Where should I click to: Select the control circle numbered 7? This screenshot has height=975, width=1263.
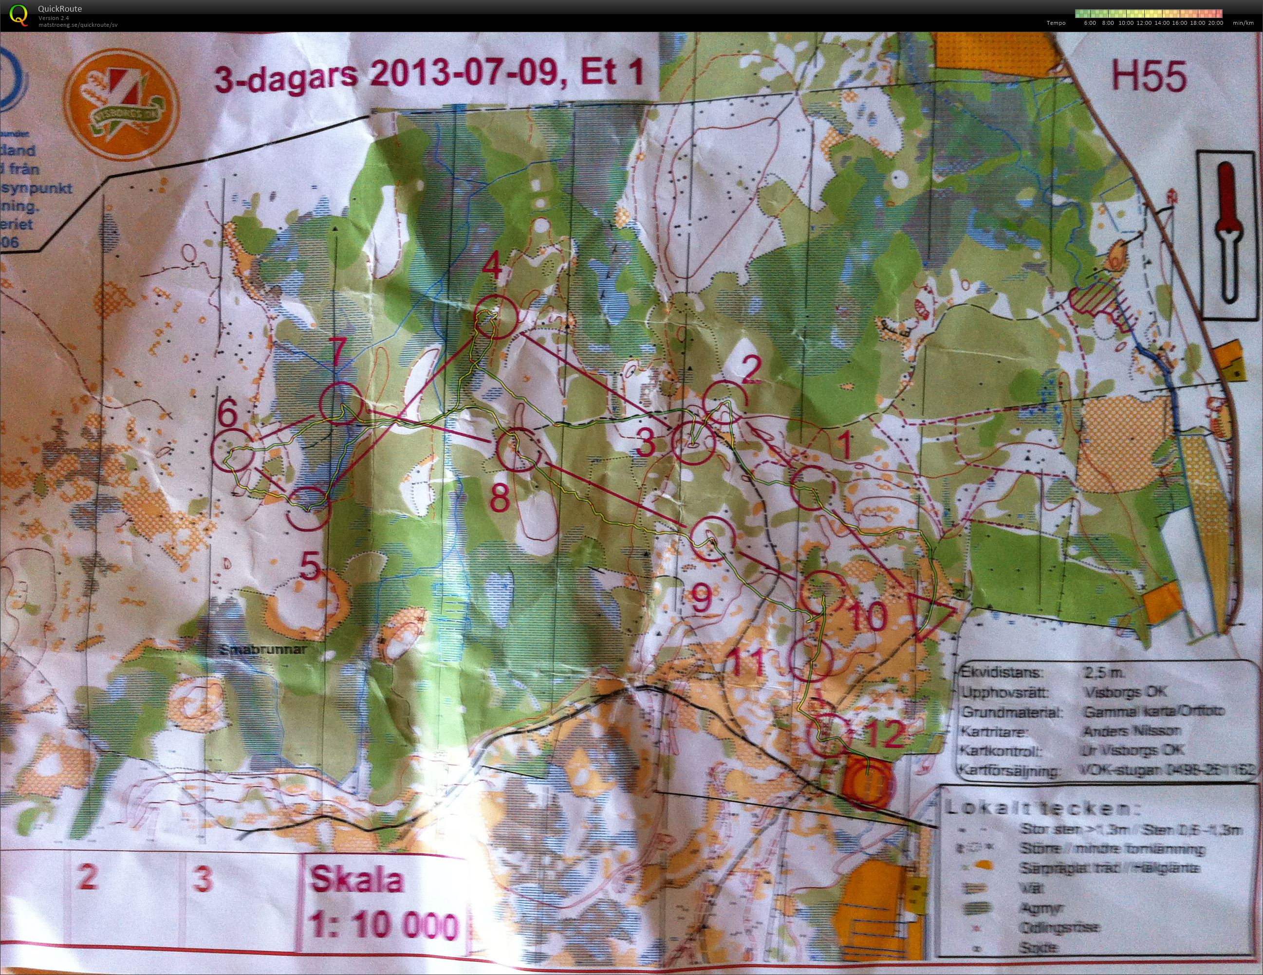(x=341, y=403)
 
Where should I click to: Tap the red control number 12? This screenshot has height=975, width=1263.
(x=885, y=736)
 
